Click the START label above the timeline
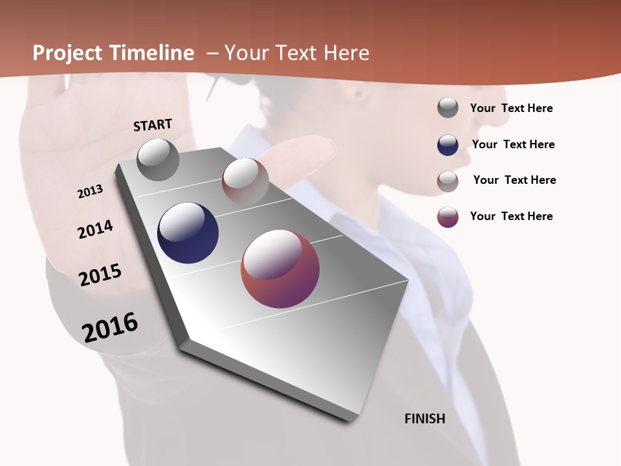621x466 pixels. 153,125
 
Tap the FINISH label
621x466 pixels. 424,419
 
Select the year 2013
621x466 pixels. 90,192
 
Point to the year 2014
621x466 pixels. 95,229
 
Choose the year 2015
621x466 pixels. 100,275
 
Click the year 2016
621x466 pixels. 110,327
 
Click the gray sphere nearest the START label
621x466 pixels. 158,159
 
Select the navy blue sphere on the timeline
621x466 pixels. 188,233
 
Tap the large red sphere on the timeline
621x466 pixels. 280,269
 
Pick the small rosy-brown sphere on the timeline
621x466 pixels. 245,181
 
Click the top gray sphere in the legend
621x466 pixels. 448,108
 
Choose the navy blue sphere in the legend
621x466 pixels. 448,144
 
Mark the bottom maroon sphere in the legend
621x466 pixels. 448,216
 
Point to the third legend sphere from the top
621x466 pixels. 448,181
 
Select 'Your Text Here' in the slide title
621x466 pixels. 297,53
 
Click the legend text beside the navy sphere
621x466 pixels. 513,144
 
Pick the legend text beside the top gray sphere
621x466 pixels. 511,108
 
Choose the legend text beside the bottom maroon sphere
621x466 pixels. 511,216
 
